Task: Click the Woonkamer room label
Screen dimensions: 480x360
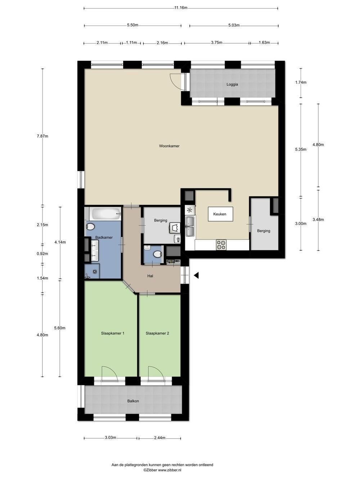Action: click(169, 146)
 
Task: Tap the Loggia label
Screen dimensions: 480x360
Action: click(232, 85)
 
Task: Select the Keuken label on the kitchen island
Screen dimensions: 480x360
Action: click(220, 214)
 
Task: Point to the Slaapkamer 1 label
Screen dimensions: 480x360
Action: click(113, 333)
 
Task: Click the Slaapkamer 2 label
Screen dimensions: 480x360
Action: click(157, 333)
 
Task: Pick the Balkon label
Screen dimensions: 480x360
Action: click(133, 401)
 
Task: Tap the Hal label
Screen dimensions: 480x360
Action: click(150, 276)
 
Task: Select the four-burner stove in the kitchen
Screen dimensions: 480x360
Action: click(221, 245)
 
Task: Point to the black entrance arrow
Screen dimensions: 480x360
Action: click(196, 275)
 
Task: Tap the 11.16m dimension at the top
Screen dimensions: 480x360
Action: click(181, 8)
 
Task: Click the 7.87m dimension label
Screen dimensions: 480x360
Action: click(42, 136)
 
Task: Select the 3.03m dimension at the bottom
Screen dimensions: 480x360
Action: click(111, 438)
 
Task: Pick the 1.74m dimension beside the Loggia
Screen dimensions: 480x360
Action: click(301, 82)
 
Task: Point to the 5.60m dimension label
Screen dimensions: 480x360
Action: click(60, 328)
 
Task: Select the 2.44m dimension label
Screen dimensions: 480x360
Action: click(159, 438)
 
